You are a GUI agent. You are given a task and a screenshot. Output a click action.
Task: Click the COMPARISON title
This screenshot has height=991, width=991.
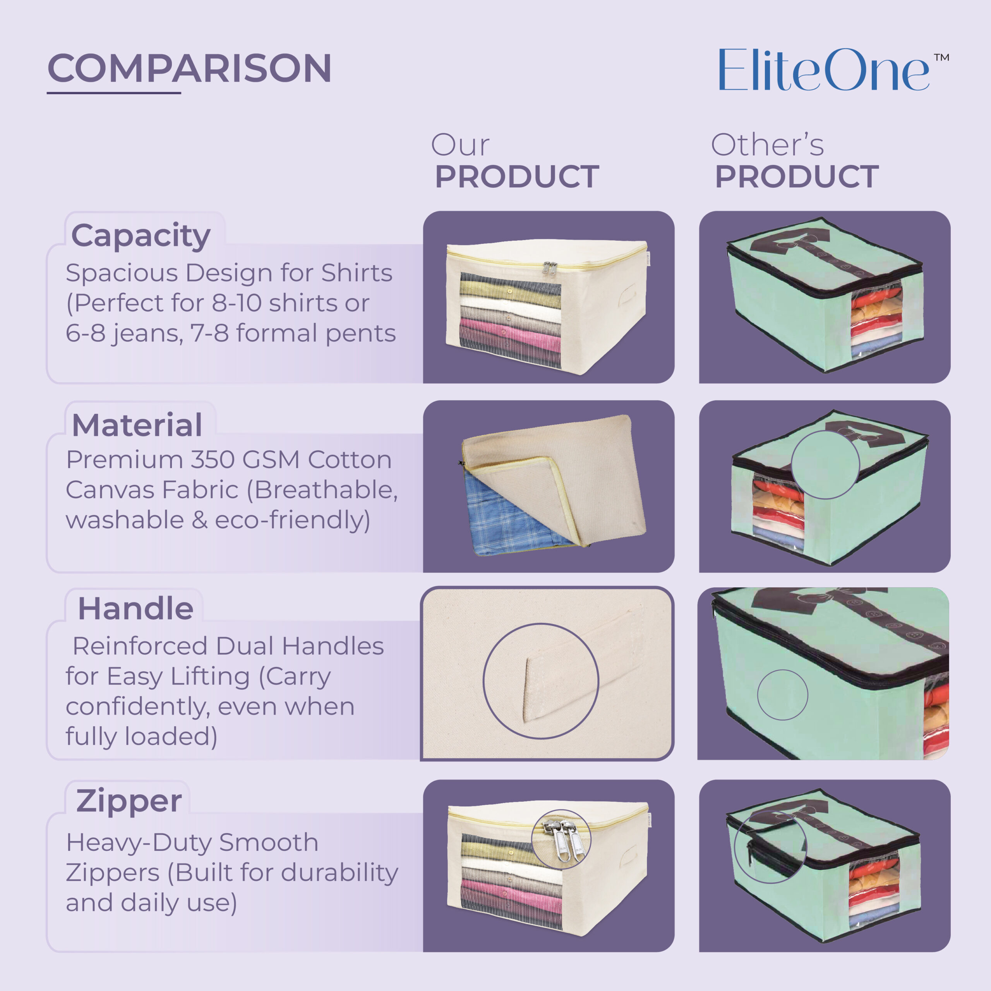pos(189,68)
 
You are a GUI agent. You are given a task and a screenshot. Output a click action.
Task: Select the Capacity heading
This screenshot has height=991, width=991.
pos(141,237)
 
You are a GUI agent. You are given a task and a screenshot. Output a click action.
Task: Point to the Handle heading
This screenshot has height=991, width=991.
pos(135,609)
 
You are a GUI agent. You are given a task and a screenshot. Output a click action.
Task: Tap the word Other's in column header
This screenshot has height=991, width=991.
pos(767,145)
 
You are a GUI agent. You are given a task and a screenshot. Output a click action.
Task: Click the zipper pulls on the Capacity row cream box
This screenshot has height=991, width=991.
pos(550,268)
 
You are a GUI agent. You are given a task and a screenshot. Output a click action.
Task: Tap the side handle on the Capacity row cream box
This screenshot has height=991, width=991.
pos(628,297)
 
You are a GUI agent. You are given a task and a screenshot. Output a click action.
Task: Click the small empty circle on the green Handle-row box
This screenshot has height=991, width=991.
pos(782,695)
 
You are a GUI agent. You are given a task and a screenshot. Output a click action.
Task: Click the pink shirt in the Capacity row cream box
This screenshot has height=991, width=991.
pos(510,331)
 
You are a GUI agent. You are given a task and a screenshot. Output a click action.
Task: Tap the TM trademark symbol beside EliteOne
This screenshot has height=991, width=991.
pos(941,57)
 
